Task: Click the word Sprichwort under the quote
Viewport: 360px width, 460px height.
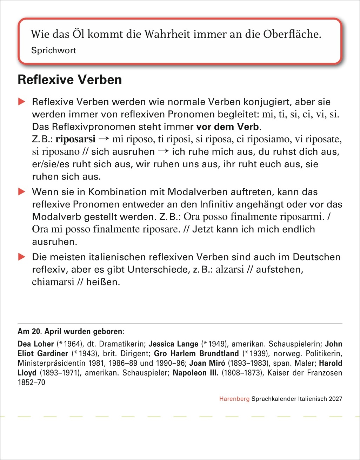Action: [x=53, y=50]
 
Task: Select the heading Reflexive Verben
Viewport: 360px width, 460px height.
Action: [x=70, y=80]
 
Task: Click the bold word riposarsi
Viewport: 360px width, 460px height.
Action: [x=75, y=139]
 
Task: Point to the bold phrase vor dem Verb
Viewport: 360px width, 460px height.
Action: [x=227, y=127]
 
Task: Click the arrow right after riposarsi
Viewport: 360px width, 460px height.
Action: [x=104, y=139]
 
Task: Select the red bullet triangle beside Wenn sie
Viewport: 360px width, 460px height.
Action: [x=22, y=192]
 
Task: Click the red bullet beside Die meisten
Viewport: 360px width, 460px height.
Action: [x=22, y=257]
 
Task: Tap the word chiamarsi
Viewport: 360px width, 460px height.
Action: [x=53, y=282]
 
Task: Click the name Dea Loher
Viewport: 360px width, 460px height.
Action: [x=36, y=344]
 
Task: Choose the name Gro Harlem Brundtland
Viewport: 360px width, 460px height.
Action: [x=196, y=353]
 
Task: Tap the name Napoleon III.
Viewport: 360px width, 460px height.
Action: [x=195, y=373]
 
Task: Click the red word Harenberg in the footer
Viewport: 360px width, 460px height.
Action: [x=234, y=399]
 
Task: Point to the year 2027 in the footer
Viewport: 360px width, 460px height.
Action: [x=335, y=399]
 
